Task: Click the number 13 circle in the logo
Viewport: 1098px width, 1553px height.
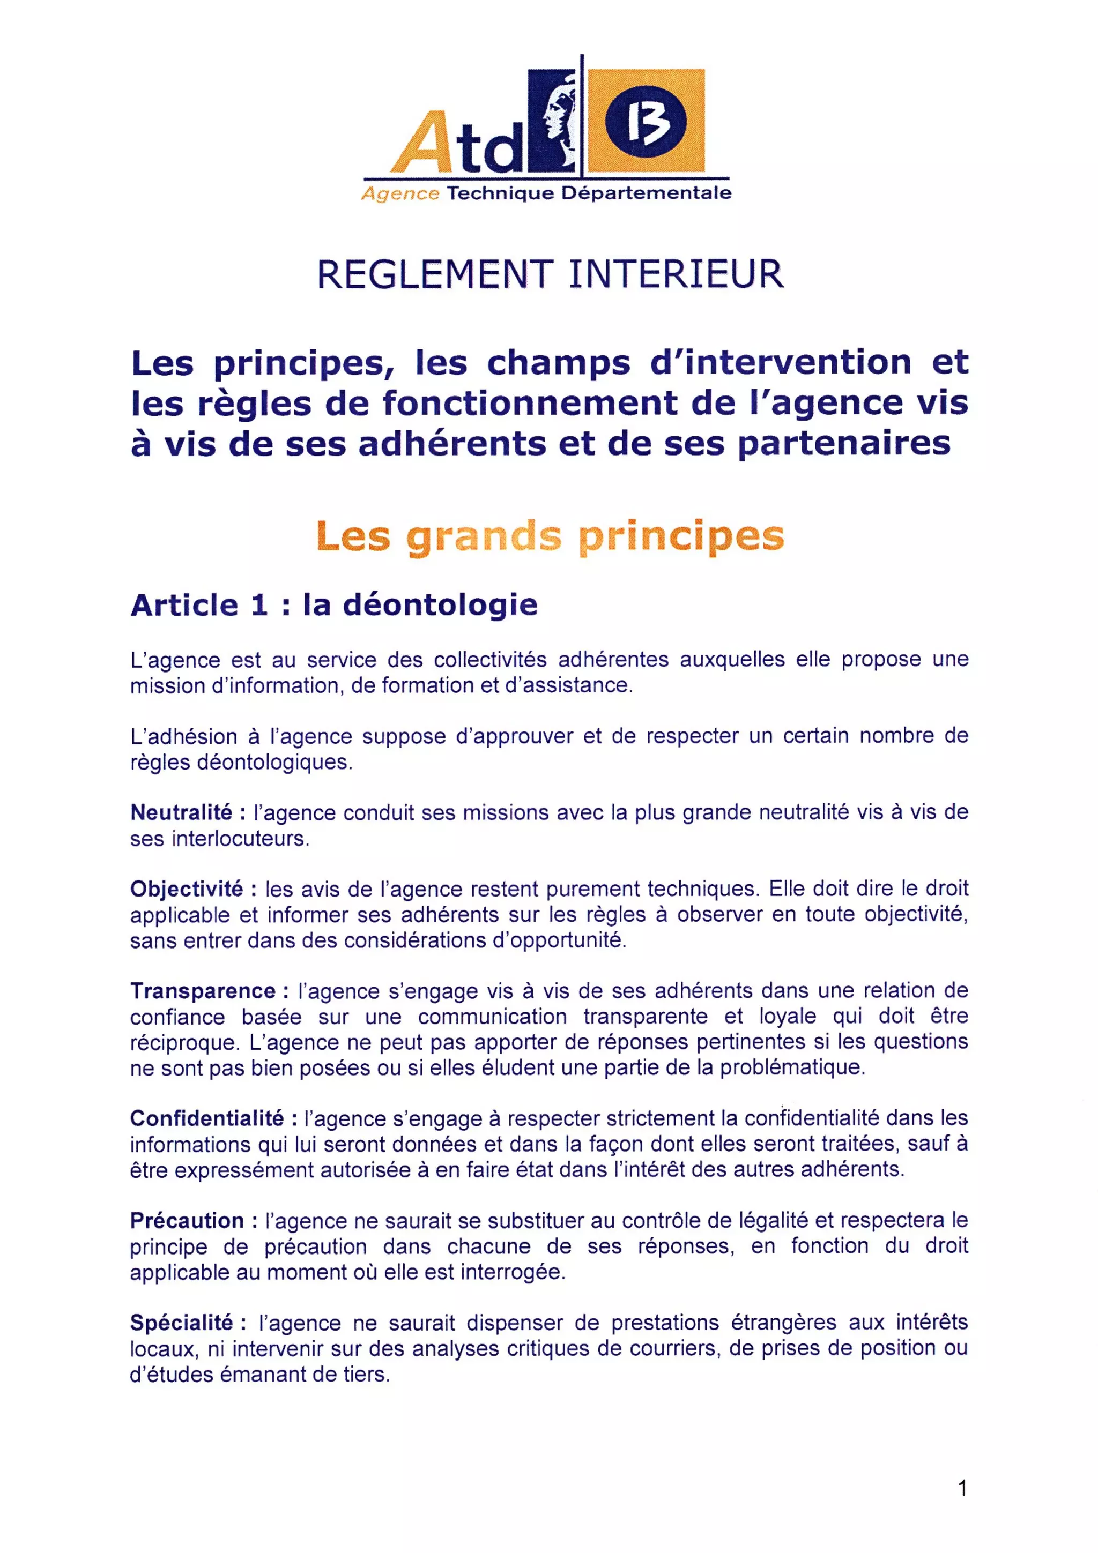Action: (646, 122)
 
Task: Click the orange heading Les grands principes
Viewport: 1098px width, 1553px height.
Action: (550, 536)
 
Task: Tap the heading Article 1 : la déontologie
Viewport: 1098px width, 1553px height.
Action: (334, 604)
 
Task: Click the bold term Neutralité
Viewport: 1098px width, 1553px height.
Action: (181, 812)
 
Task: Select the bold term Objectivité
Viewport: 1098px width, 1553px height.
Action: (187, 889)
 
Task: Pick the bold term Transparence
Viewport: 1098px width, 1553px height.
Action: (203, 991)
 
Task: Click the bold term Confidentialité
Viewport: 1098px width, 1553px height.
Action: (207, 1119)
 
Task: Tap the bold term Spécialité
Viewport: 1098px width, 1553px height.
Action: (182, 1323)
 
